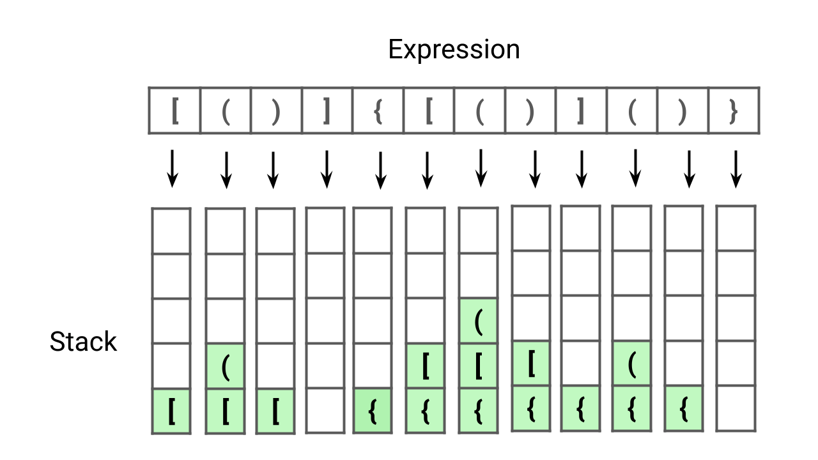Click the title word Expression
click(x=454, y=49)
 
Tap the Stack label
click(x=83, y=342)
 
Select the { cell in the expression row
click(x=378, y=111)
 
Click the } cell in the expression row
click(x=734, y=111)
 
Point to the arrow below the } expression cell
click(x=736, y=169)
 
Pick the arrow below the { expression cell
click(x=380, y=169)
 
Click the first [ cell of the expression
click(x=174, y=111)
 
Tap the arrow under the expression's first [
click(x=171, y=169)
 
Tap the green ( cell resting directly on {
click(x=632, y=364)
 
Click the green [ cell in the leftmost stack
click(x=171, y=411)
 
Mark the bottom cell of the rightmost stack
click(x=736, y=408)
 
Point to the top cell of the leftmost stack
click(x=171, y=231)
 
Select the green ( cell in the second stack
click(x=225, y=366)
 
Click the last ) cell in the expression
click(x=683, y=111)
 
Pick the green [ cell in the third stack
click(x=275, y=411)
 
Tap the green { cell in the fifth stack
click(x=372, y=411)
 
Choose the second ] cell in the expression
click(x=581, y=111)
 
